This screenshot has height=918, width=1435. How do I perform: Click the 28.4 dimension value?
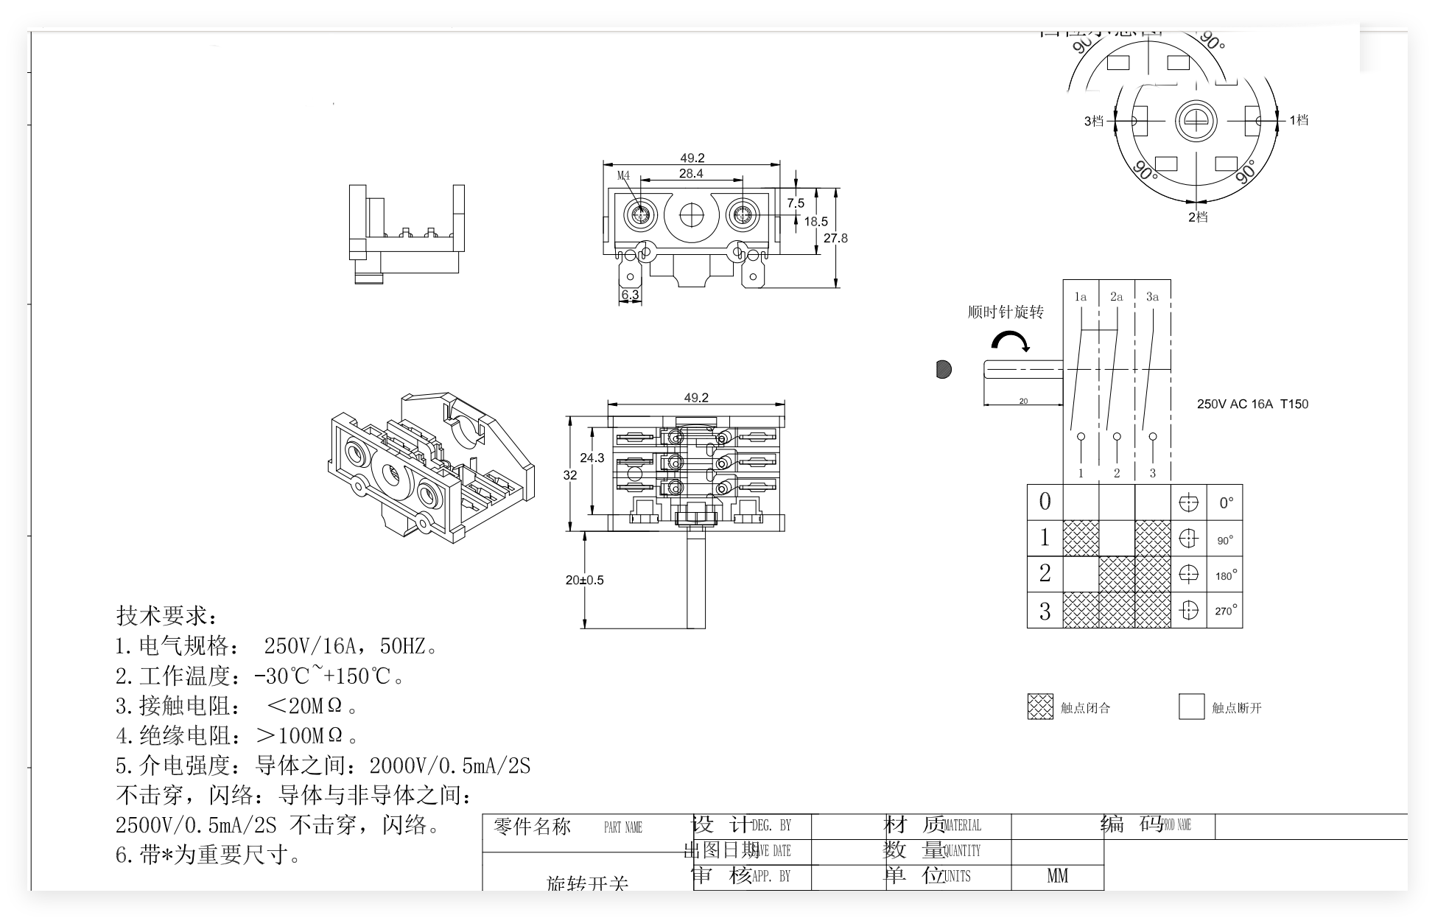coord(691,174)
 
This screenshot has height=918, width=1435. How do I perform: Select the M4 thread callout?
coord(624,175)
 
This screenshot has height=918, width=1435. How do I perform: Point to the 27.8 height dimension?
coord(835,238)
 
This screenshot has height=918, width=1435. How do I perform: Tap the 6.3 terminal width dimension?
coord(631,295)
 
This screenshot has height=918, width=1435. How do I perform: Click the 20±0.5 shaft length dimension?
coord(584,580)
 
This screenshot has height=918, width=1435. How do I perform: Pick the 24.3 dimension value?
coord(592,458)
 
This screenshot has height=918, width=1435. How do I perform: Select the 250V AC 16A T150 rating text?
coord(1252,404)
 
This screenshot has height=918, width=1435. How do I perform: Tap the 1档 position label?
coord(1299,120)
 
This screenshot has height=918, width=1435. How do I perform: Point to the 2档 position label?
coord(1198,217)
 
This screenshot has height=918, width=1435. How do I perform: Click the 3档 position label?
coord(1093,121)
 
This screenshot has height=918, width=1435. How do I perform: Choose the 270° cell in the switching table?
coord(1225,611)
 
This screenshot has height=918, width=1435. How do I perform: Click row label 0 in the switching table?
coord(1045,502)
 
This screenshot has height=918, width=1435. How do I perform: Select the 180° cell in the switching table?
coord(1225,575)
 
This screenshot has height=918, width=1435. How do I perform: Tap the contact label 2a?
coord(1117,297)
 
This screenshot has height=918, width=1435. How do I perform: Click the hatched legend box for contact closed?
coord(1040,707)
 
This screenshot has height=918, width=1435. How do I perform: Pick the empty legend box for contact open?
coord(1191,707)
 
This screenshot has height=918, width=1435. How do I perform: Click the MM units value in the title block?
coord(1057,875)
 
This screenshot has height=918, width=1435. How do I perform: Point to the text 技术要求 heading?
coord(166,615)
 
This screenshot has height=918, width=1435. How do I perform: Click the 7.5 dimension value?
coord(796,203)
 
